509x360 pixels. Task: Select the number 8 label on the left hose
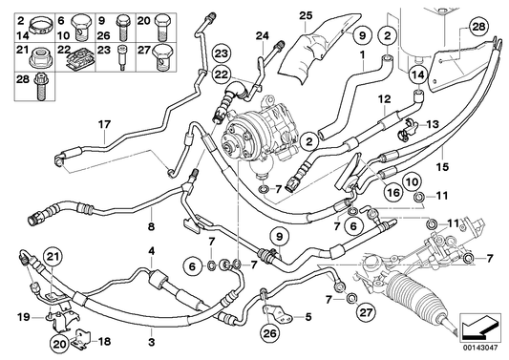coord(150,227)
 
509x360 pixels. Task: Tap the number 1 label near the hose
coord(363,56)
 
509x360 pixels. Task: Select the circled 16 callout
coord(392,193)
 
